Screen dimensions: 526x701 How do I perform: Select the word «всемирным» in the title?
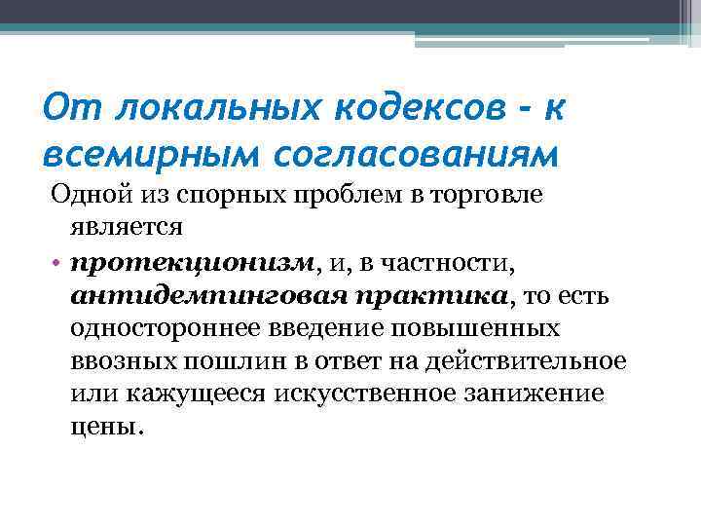click(x=135, y=153)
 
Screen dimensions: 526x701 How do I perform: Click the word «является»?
click(x=126, y=228)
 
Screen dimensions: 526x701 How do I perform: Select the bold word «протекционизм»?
click(x=193, y=262)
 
